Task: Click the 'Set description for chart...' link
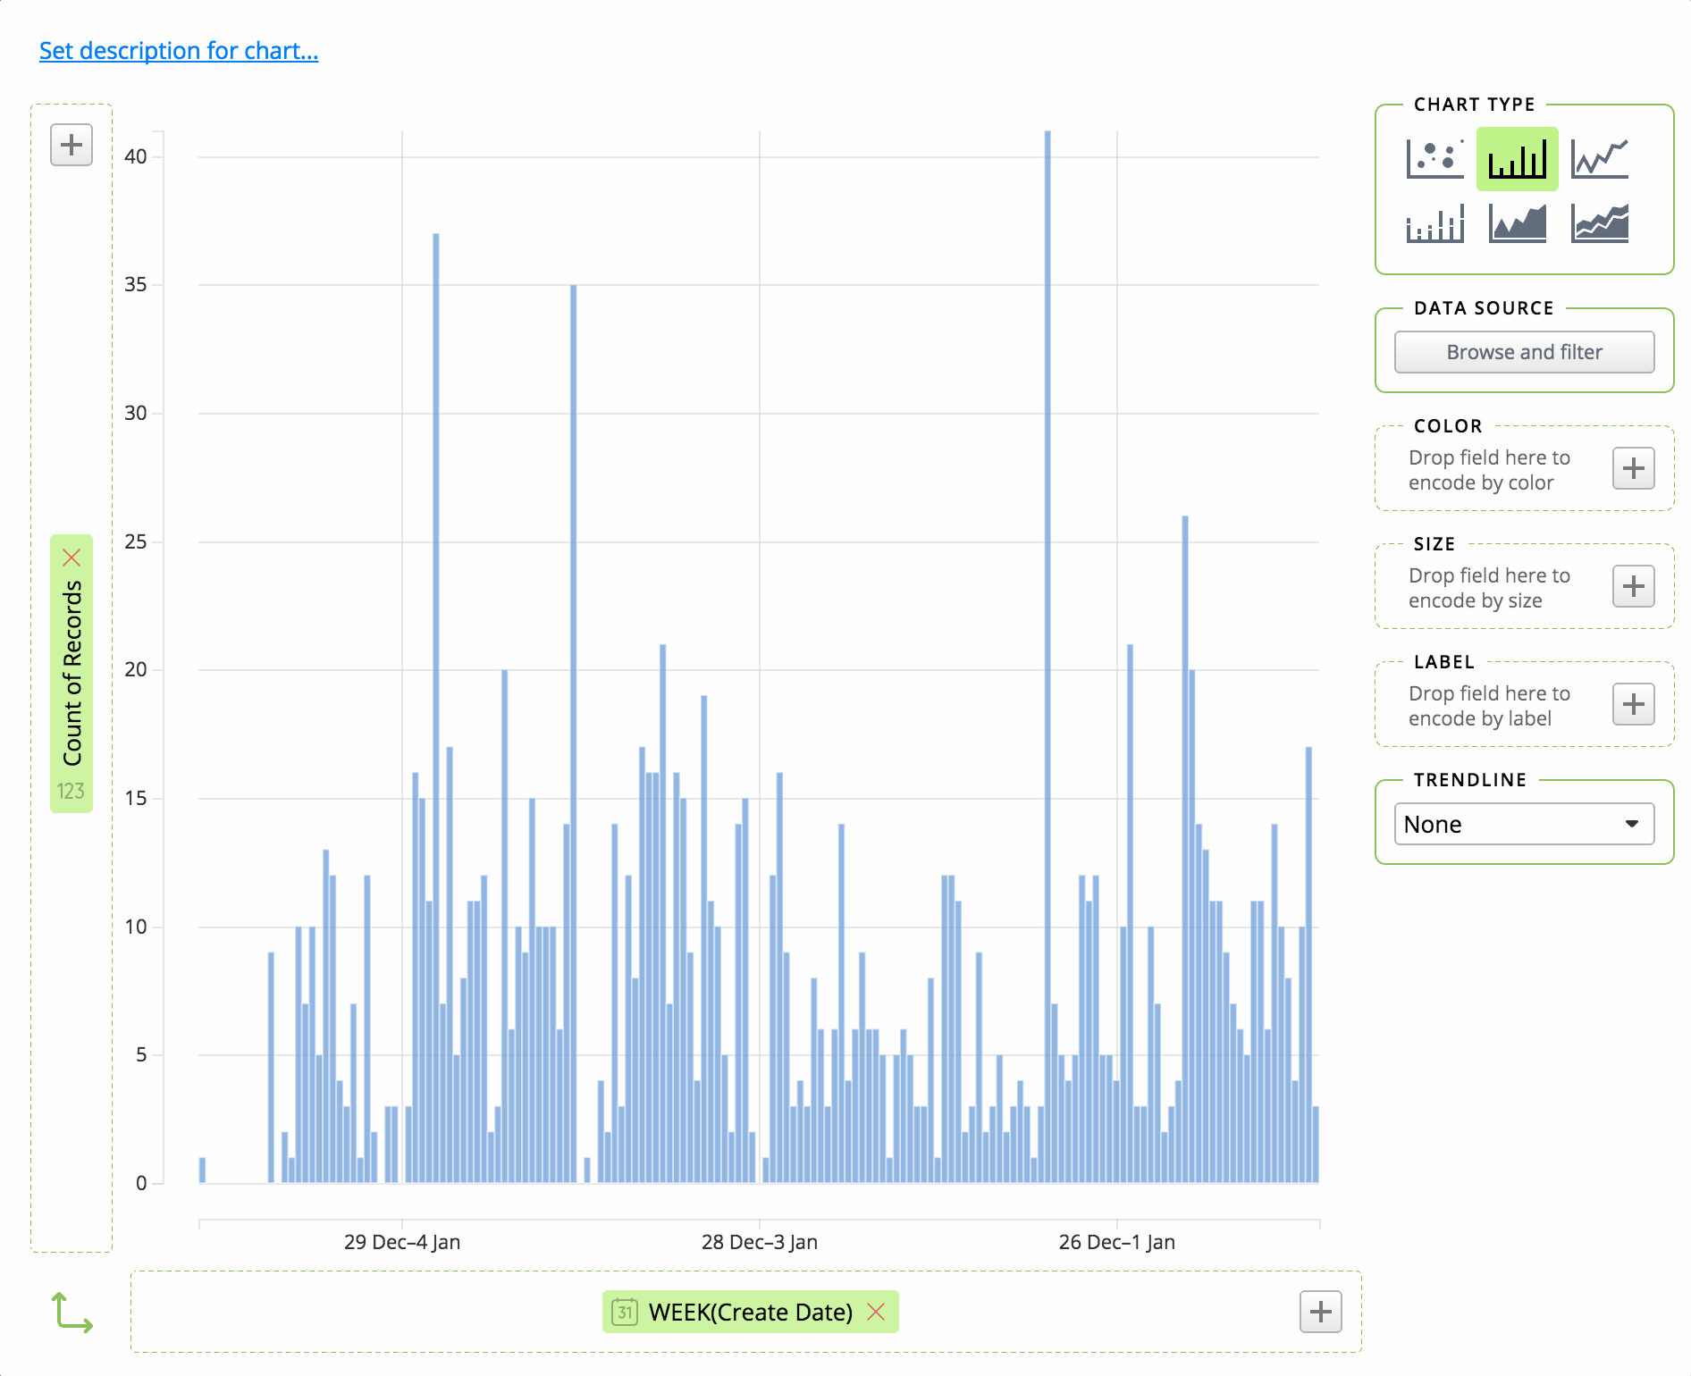(179, 51)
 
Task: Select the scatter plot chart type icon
(1434, 159)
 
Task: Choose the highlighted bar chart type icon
(1517, 159)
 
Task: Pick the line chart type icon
(1600, 159)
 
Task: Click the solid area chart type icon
(1517, 222)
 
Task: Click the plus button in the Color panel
(1633, 469)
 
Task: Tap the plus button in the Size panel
(1633, 587)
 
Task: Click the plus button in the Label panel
(1633, 705)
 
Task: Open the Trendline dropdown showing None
(1524, 824)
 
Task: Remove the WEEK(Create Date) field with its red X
(876, 1312)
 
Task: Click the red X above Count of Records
(72, 558)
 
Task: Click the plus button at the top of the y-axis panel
(72, 145)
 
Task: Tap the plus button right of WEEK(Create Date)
(1320, 1312)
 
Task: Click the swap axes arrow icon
(72, 1313)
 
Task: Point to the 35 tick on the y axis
(136, 285)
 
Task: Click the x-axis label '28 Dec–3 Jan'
(759, 1242)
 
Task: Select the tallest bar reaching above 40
(1047, 625)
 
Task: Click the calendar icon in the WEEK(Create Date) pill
(625, 1312)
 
